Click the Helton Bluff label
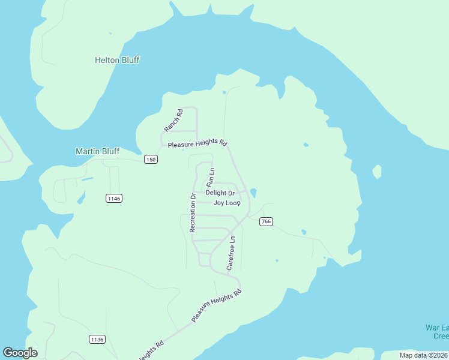117,60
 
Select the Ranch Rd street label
173,121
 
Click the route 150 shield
151,159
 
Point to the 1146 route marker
113,198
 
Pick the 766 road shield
267,222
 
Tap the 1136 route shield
97,339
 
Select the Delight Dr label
220,193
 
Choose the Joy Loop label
227,203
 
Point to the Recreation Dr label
193,212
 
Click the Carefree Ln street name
231,253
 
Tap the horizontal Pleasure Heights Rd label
197,144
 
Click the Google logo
20,353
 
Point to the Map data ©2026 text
424,355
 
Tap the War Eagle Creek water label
436,332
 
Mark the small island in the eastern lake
377,172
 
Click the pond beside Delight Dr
253,193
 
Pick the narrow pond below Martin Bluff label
88,179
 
